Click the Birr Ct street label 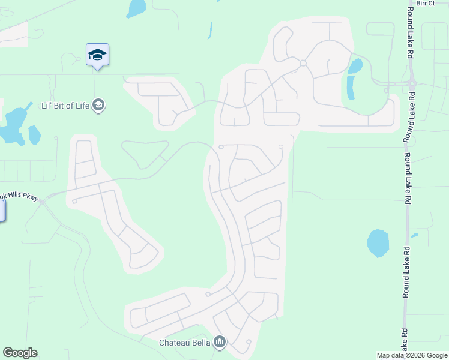tap(425, 3)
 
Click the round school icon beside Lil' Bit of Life tap(99, 106)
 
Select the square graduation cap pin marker tap(97, 55)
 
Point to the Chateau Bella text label tap(184, 343)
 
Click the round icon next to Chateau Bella tap(219, 343)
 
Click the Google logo tap(20, 353)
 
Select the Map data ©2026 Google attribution tap(411, 355)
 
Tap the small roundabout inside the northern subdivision tap(303, 63)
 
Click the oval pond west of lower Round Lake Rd tap(378, 243)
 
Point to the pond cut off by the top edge tap(136, 7)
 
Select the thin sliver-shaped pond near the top tap(210, 30)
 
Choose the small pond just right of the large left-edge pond tap(34, 135)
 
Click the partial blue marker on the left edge tap(2, 211)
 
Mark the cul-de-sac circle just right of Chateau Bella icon tap(248, 342)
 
